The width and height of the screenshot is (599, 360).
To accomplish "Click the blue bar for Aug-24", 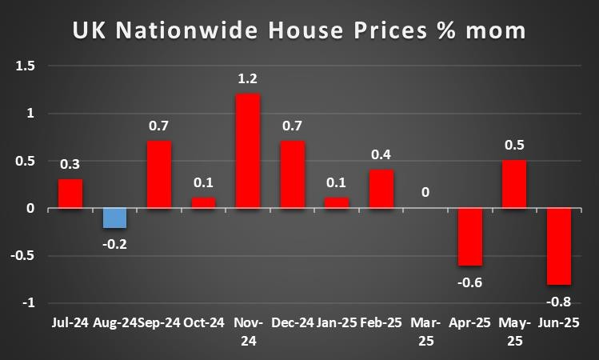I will (x=114, y=218).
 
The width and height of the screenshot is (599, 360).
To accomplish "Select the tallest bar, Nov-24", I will (x=247, y=151).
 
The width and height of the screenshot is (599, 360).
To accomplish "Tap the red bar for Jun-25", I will (x=558, y=246).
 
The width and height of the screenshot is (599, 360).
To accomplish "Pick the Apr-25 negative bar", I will (x=469, y=237).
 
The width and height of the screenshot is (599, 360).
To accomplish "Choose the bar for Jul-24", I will (x=70, y=194).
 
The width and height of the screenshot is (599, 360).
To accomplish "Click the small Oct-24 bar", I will (x=203, y=203).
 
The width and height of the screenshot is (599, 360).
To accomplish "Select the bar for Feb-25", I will (x=381, y=189).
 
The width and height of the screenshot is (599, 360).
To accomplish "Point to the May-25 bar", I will (x=513, y=184).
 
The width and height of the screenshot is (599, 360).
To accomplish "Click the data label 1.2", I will (x=247, y=80).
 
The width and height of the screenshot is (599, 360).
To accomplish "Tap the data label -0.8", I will (x=559, y=302).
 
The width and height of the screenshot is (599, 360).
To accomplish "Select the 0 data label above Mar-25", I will (x=425, y=192).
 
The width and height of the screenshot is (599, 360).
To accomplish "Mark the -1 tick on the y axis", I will (x=30, y=303).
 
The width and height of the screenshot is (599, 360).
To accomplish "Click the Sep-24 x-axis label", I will (x=159, y=323).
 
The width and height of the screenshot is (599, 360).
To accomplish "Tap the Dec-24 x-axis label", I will (x=292, y=323).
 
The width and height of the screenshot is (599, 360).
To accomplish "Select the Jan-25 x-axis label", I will (x=336, y=323).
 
